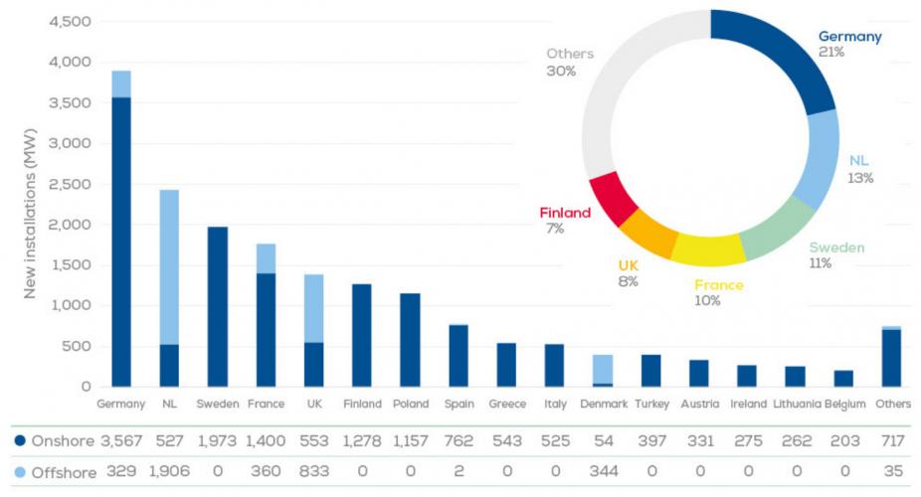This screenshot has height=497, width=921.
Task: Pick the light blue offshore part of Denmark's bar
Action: point(603,369)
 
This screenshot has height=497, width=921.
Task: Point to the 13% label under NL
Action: point(860,178)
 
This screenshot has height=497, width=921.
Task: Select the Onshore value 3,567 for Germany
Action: point(120,440)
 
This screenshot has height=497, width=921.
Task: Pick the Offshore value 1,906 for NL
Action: point(169,473)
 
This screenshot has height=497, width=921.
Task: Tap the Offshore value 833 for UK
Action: point(313,473)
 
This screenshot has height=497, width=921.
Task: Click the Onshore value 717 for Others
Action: point(891,440)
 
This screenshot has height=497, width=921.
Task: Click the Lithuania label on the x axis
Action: point(796,405)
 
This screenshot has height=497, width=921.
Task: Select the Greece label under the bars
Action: point(506,405)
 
